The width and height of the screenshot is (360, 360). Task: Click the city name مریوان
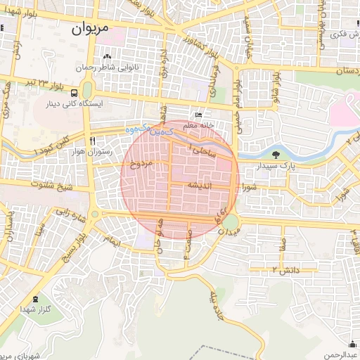tap(92, 30)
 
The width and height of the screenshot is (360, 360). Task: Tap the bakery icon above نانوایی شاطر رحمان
tap(107, 57)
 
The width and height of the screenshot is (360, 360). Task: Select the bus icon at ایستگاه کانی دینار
tap(75, 93)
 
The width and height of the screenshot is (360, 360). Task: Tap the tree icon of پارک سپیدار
tap(275, 155)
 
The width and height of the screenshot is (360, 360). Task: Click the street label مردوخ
tap(141, 165)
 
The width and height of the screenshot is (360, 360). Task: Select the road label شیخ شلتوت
tap(55, 186)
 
